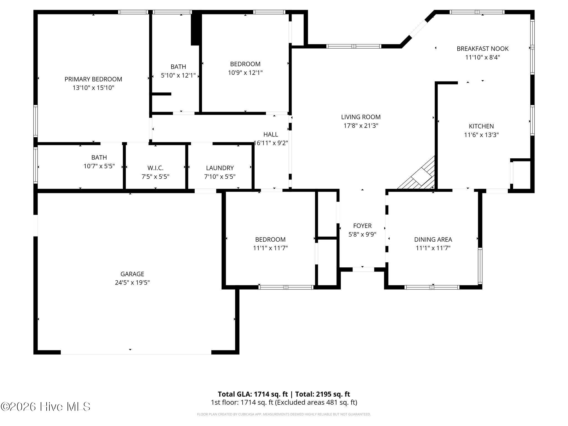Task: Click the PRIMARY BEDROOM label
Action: click(93, 79)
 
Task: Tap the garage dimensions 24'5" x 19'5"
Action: click(132, 283)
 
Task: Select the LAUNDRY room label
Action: click(220, 168)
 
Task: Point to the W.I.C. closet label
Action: click(155, 168)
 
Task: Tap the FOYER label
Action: click(362, 226)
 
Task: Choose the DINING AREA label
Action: click(433, 239)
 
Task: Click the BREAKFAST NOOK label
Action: click(483, 49)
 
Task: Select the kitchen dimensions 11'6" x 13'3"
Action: click(481, 135)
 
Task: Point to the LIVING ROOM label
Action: click(361, 117)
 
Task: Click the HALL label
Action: click(271, 135)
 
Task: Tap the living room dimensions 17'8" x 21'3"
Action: click(361, 126)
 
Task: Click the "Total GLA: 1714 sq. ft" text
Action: click(253, 394)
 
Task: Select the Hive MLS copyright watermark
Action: click(45, 407)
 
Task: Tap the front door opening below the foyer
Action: click(363, 269)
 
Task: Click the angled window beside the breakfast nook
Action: click(418, 29)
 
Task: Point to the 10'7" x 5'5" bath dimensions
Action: click(99, 166)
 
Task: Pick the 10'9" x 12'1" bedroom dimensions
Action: click(245, 73)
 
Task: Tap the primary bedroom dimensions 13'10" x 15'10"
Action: click(93, 88)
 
